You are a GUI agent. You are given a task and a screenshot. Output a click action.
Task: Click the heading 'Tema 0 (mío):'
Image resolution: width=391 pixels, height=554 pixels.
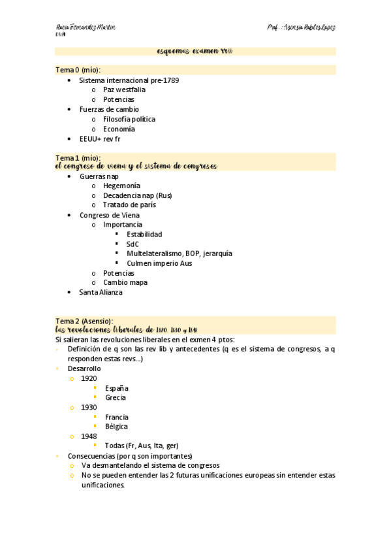tap(78, 70)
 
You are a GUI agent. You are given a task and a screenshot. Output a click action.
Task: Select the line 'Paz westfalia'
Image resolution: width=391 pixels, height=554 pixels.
tap(124, 90)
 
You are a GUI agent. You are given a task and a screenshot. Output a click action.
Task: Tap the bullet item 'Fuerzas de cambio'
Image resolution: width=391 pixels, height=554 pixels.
tap(109, 109)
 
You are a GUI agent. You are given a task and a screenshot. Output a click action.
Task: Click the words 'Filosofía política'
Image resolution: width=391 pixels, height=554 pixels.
tap(129, 119)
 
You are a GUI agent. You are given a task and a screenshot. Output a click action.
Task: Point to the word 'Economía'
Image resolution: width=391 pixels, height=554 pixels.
tap(119, 129)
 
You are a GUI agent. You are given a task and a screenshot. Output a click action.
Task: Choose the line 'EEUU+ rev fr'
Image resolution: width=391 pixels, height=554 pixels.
tap(100, 138)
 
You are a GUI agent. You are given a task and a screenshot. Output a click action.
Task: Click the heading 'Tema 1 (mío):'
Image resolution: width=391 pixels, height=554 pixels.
tap(78, 157)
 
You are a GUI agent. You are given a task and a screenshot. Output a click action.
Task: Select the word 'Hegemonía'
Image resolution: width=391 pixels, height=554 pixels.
tap(121, 186)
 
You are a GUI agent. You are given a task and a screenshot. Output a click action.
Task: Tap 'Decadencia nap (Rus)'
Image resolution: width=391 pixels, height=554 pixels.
tap(137, 195)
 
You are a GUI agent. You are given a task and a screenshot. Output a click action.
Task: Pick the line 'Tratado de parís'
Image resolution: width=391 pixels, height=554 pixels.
tap(129, 205)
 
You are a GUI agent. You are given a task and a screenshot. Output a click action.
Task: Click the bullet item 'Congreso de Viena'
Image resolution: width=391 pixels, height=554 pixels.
tap(109, 215)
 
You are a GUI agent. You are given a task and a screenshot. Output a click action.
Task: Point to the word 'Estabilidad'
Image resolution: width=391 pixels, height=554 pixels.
tap(144, 234)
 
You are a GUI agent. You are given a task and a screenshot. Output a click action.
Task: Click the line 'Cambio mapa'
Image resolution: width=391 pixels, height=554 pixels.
tap(125, 282)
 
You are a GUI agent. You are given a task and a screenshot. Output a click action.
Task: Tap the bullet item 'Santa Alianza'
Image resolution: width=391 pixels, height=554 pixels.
tap(101, 292)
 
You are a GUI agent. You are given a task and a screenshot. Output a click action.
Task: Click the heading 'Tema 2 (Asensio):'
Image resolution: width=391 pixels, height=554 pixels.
tap(84, 321)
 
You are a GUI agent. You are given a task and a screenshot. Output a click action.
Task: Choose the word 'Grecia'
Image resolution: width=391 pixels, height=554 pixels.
tap(116, 397)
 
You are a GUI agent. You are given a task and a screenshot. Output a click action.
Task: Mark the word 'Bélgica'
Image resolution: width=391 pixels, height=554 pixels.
tap(116, 427)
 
